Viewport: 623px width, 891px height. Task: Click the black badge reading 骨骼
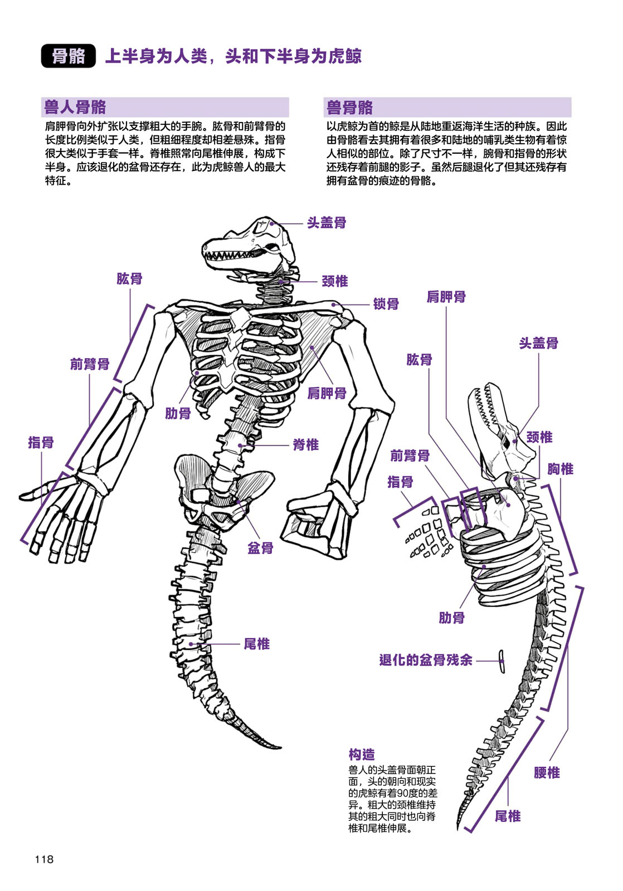click(x=69, y=56)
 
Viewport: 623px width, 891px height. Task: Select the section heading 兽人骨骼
click(x=75, y=107)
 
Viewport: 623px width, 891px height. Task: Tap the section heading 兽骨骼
click(x=349, y=107)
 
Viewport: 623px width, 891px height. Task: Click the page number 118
click(x=44, y=859)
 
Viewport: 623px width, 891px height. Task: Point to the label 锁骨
click(x=386, y=304)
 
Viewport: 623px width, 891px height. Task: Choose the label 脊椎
click(x=305, y=445)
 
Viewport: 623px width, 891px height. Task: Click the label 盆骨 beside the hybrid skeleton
click(x=260, y=548)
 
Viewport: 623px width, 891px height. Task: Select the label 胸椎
click(x=559, y=469)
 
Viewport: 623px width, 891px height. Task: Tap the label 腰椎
click(x=547, y=772)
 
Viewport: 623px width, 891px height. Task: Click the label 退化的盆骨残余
click(x=426, y=660)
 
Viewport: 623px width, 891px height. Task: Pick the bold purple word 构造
click(x=362, y=755)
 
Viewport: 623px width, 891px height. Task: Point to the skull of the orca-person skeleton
click(x=251, y=245)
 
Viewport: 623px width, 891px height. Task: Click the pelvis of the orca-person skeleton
click(x=223, y=490)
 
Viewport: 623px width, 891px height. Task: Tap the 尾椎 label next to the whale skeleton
click(x=507, y=816)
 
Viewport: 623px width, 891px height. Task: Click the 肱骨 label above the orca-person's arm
click(x=129, y=279)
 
